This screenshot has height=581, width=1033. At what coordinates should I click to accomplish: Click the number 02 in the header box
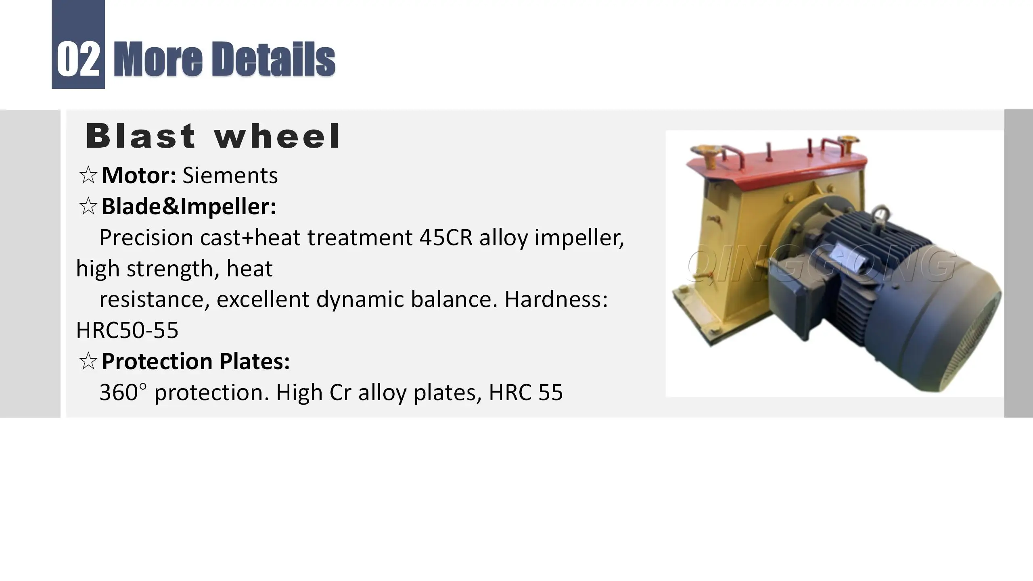78,59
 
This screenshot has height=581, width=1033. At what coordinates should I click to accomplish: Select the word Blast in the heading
141,136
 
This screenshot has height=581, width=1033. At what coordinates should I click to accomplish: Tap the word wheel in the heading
277,136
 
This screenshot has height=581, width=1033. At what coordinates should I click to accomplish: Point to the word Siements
230,176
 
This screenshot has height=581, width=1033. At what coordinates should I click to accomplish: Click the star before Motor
88,176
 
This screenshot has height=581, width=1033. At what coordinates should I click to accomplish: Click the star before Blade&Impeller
88,207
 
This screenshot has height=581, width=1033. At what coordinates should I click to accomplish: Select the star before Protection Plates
88,361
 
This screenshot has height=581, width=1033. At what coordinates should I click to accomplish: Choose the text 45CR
445,237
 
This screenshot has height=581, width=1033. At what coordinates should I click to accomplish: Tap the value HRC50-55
127,330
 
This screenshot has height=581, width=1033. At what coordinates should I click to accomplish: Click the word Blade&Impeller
189,207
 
